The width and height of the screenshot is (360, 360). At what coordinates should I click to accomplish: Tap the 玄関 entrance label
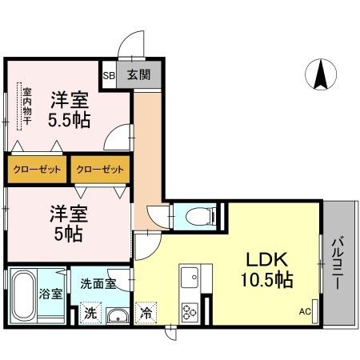pyautogui.click(x=146, y=75)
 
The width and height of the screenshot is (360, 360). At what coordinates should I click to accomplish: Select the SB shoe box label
pyautogui.click(x=110, y=75)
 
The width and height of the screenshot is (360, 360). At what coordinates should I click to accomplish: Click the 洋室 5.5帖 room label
pyautogui.click(x=71, y=110)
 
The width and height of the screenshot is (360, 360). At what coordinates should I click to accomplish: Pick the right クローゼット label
pyautogui.click(x=101, y=170)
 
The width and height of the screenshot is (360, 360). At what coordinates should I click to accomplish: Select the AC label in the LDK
pyautogui.click(x=305, y=312)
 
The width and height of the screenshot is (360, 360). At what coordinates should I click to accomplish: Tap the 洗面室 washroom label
pyautogui.click(x=98, y=283)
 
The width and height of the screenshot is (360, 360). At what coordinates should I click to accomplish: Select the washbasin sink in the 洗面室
pyautogui.click(x=118, y=315)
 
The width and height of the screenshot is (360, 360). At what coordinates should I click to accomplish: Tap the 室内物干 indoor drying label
pyautogui.click(x=26, y=104)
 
